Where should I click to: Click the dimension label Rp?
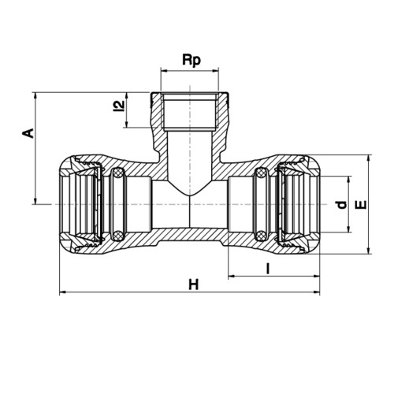point(191,61)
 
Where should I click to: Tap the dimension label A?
point(28,133)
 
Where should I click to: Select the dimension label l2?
point(119,106)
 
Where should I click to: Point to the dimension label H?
point(194,284)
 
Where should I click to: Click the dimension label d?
point(341,205)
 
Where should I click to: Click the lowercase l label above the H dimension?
point(268,269)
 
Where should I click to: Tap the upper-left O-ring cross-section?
point(118,173)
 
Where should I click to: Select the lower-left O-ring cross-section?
point(118,235)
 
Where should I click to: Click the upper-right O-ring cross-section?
point(261,173)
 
